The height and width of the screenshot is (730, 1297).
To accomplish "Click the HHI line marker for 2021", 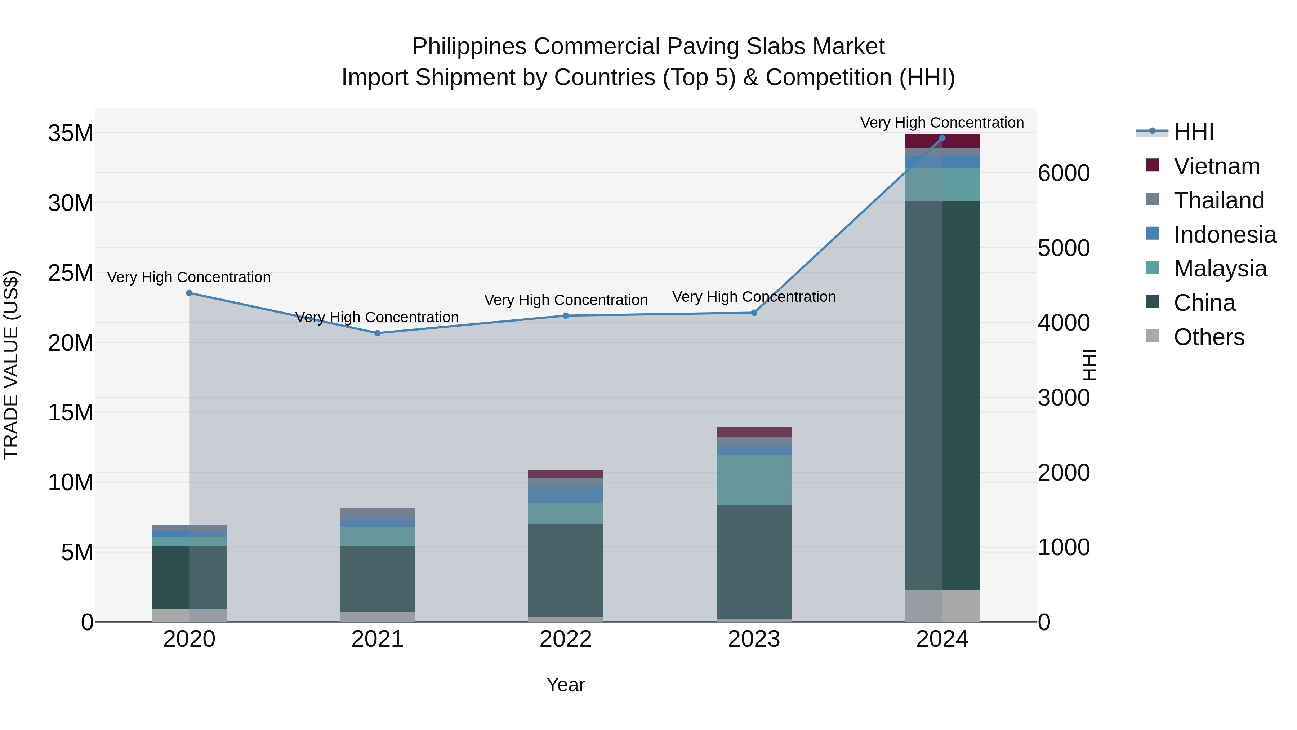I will [x=378, y=333].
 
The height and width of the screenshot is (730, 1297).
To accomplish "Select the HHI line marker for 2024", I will [x=942, y=138].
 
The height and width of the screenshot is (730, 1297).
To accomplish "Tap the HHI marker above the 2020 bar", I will [x=189, y=293].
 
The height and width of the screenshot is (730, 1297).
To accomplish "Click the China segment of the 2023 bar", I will [x=754, y=562].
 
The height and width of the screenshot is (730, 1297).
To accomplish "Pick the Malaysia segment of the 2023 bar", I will [x=754, y=480].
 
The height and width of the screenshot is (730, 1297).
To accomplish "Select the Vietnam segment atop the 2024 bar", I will [x=942, y=141].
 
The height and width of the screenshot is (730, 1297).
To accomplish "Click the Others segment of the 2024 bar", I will [x=942, y=606].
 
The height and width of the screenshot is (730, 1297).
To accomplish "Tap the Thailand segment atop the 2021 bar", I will [x=378, y=514].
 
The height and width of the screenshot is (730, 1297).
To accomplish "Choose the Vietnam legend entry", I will [x=1216, y=166].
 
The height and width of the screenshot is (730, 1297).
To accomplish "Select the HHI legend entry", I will [x=1193, y=132].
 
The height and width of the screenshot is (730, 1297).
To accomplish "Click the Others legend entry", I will [x=1208, y=337].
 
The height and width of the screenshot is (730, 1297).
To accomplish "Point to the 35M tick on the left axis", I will [x=71, y=133].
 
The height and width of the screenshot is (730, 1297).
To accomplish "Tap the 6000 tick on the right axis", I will [x=1064, y=173].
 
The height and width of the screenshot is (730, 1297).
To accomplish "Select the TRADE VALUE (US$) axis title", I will [x=11, y=365].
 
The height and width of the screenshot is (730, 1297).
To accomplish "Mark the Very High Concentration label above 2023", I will [x=754, y=297].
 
